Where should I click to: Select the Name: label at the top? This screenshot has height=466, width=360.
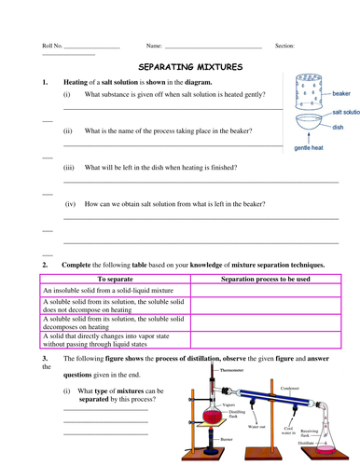155,45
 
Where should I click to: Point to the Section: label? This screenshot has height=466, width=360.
285,45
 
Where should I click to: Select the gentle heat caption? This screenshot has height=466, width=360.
310,147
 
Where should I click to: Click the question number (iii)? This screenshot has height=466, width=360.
69,167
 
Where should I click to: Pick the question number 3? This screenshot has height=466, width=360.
44,358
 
